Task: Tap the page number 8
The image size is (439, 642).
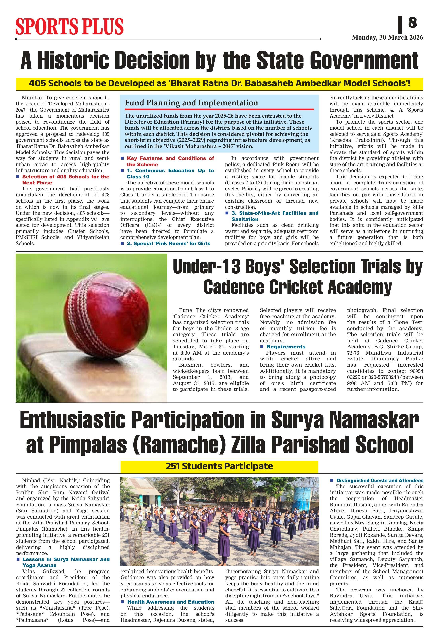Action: [412, 22]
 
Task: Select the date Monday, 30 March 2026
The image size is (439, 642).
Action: [387, 38]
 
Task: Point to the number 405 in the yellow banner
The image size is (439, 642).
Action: [37, 83]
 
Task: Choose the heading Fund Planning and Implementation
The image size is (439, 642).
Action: [191, 103]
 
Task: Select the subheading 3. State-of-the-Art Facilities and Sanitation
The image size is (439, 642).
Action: [275, 213]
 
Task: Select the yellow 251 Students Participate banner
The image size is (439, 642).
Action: [219, 466]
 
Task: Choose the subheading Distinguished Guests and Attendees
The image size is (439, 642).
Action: [379, 480]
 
